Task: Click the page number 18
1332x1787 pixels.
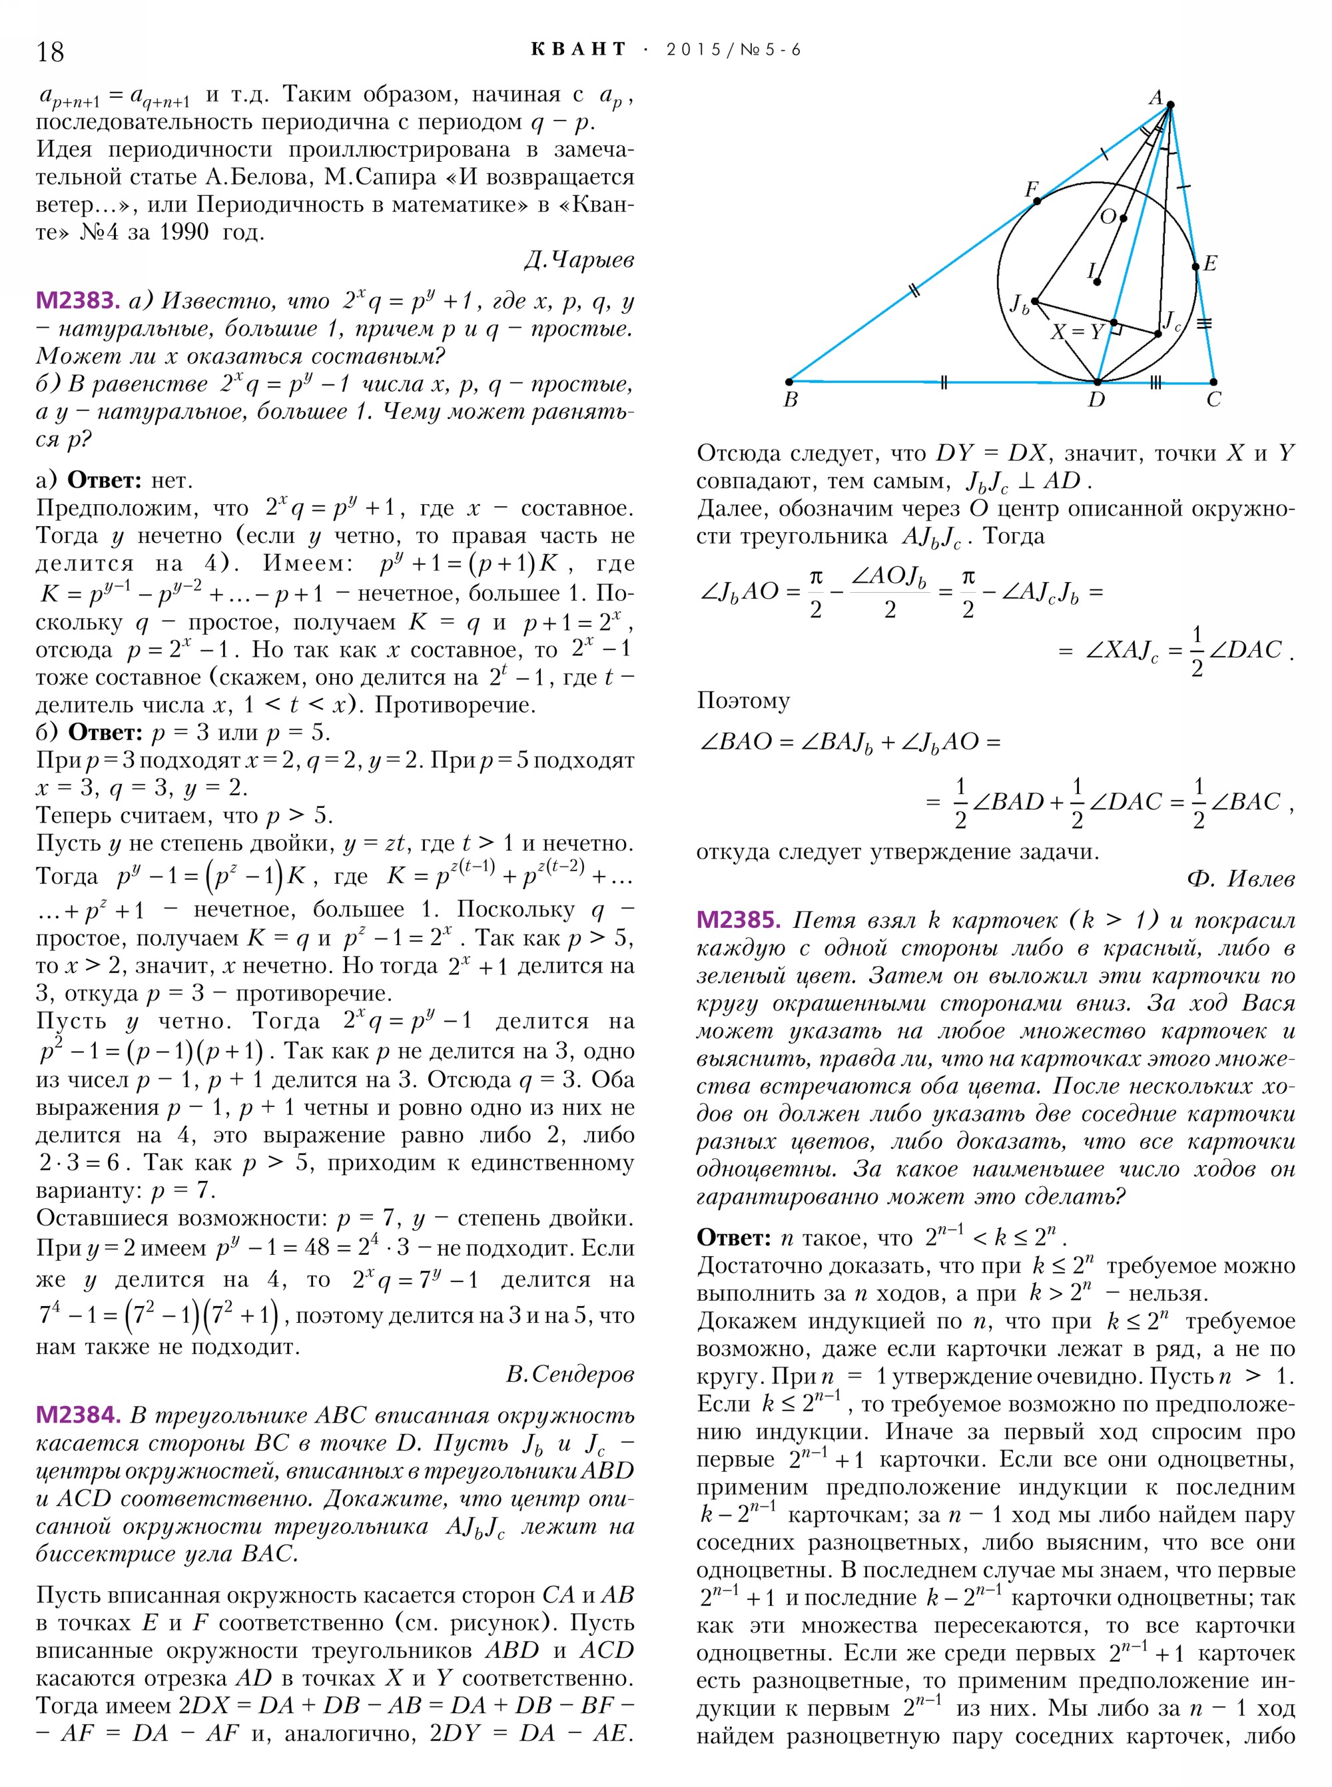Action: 50,51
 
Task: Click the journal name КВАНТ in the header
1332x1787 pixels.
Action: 579,50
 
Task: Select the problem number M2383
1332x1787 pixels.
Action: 77,301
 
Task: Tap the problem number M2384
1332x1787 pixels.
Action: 77,1415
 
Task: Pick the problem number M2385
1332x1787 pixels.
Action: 739,919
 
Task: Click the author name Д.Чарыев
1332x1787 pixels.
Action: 578,260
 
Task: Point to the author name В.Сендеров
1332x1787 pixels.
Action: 570,1374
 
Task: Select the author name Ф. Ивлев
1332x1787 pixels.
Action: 1241,879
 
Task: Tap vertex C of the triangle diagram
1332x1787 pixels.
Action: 1213,382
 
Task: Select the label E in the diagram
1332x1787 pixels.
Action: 1209,264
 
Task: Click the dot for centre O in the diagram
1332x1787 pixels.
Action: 1123,218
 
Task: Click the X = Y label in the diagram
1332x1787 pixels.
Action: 1076,332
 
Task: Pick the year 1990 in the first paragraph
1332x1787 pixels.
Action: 184,232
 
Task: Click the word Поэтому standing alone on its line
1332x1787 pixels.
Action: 743,700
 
